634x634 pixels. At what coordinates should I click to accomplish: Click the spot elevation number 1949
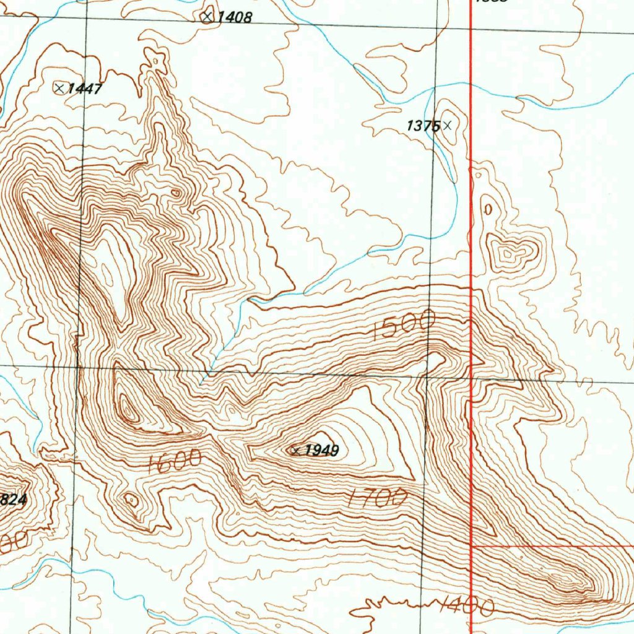coord(321,451)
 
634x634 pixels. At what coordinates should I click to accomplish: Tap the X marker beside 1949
coord(295,451)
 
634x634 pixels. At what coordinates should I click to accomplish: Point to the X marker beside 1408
coord(207,17)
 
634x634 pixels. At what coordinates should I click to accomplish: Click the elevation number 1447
coord(84,89)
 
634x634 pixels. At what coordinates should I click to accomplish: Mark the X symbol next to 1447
coord(59,88)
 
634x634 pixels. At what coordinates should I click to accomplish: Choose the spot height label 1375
coord(423,126)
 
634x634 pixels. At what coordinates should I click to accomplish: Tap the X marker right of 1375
coord(448,126)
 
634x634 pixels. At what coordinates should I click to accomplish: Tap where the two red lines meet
coord(472,547)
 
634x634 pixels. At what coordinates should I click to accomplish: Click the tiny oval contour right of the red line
coord(488,209)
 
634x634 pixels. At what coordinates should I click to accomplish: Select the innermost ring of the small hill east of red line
coord(508,253)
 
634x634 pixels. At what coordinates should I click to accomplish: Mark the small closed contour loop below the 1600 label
coord(131,500)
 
